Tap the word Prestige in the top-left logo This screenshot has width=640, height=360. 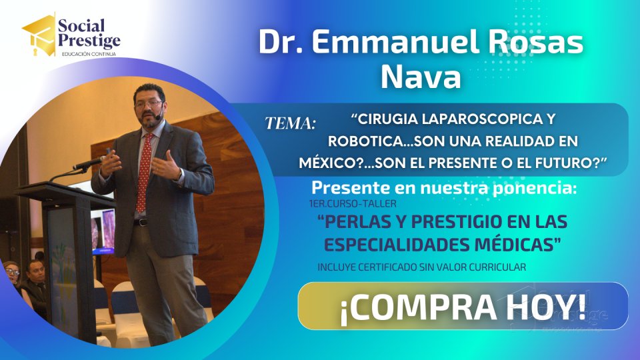pyautogui.click(x=89, y=41)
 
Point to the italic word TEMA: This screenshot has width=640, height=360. pyautogui.click(x=290, y=123)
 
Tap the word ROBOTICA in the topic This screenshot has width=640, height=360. pyautogui.click(x=368, y=141)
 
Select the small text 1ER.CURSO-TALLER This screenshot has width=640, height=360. pyautogui.click(x=353, y=203)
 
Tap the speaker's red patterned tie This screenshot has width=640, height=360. pyautogui.click(x=144, y=173)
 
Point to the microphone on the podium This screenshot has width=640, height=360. pyautogui.click(x=89, y=163)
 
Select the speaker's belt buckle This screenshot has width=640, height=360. pyautogui.click(x=141, y=223)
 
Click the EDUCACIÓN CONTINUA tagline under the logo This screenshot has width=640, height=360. pyautogui.click(x=89, y=54)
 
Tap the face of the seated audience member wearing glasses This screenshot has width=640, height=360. pyautogui.click(x=12, y=273)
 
